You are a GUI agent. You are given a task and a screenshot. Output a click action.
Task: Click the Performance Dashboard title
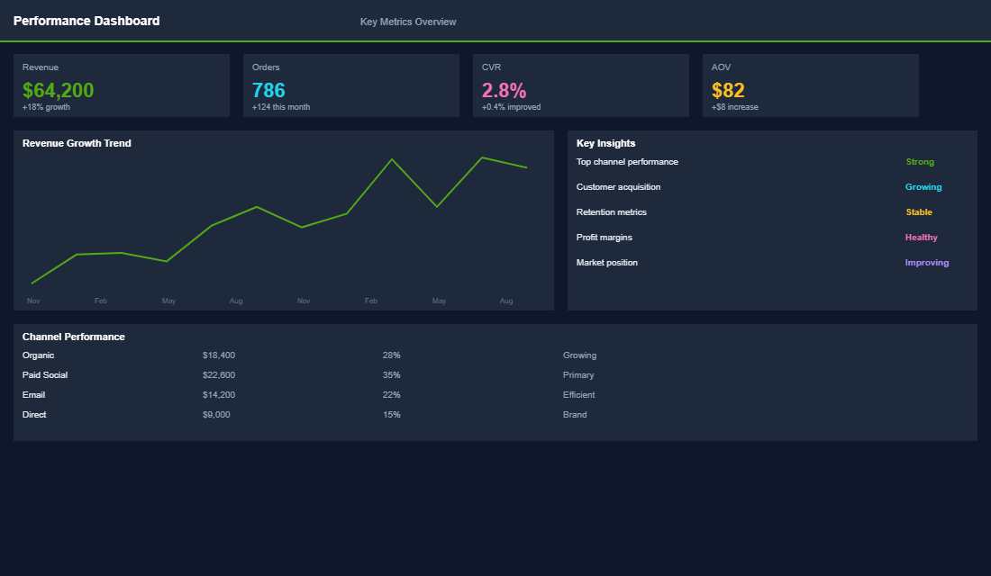pyautogui.click(x=86, y=21)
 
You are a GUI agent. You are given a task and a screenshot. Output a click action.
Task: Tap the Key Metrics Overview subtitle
pyautogui.click(x=408, y=22)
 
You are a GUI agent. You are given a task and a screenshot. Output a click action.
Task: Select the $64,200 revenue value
pyautogui.click(x=58, y=90)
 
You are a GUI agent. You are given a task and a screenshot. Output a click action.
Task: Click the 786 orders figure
pyautogui.click(x=268, y=90)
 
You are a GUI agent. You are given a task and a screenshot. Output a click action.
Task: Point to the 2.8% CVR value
pyautogui.click(x=504, y=90)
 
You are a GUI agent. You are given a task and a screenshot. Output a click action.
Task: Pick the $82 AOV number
pyautogui.click(x=728, y=90)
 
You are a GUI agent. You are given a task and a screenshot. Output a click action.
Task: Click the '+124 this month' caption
pyautogui.click(x=281, y=107)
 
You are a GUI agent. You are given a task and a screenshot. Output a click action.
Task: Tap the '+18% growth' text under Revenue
pyautogui.click(x=46, y=107)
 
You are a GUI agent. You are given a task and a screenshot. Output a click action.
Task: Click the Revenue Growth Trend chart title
pyautogui.click(x=77, y=143)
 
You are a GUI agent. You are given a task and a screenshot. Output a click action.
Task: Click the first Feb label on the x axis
pyautogui.click(x=101, y=301)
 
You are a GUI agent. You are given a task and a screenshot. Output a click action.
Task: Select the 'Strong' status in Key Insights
pyautogui.click(x=920, y=162)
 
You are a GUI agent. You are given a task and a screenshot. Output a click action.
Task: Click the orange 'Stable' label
pyautogui.click(x=919, y=212)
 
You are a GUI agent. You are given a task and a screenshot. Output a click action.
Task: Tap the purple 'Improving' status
pyautogui.click(x=926, y=263)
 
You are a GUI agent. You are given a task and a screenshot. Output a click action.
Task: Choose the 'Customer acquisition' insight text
pyautogui.click(x=618, y=187)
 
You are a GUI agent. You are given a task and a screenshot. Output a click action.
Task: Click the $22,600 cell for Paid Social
pyautogui.click(x=219, y=375)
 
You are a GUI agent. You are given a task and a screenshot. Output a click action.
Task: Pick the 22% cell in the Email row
pyautogui.click(x=391, y=395)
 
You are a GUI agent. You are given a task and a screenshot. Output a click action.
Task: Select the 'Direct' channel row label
pyautogui.click(x=34, y=415)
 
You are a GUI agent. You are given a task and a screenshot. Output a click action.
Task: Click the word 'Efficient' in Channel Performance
pyautogui.click(x=578, y=395)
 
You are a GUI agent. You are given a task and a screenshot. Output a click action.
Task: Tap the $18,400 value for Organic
pyautogui.click(x=219, y=355)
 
